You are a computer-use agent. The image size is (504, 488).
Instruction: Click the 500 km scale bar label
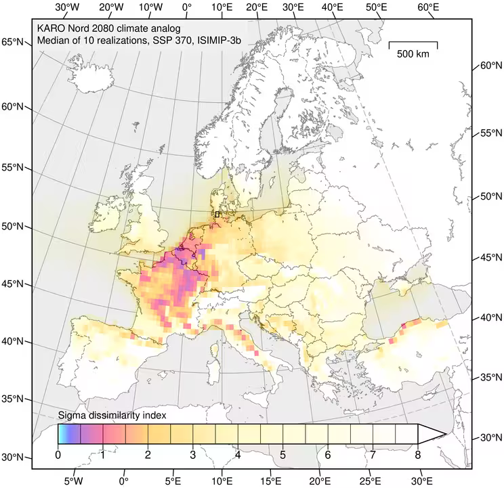point(413,54)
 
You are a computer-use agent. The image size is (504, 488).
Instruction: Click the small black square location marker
point(217,214)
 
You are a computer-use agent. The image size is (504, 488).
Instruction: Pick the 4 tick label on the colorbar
point(238,456)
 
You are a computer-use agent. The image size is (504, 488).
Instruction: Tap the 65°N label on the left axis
point(14,42)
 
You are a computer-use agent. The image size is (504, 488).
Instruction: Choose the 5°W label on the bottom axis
point(73,481)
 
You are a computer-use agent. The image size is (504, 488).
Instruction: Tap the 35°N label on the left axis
point(14,399)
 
